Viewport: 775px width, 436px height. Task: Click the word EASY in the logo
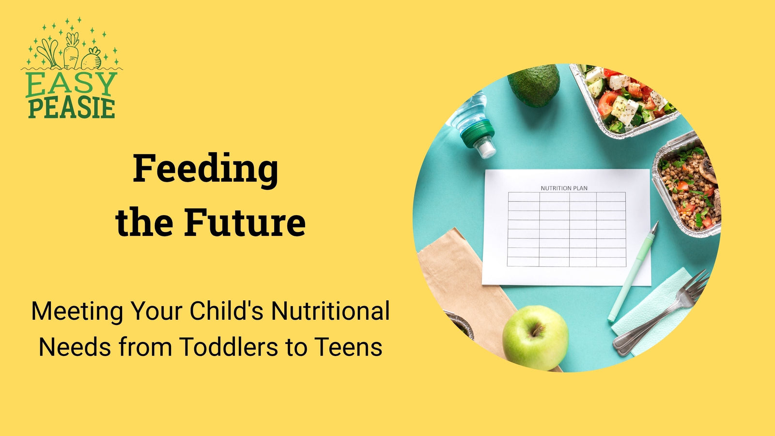71,85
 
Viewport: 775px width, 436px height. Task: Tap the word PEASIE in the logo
71,109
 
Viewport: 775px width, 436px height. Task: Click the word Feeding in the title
205,169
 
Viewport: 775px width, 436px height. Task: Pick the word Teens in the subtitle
348,347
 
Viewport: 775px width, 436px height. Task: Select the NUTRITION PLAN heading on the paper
564,188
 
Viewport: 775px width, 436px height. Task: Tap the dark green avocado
534,85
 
